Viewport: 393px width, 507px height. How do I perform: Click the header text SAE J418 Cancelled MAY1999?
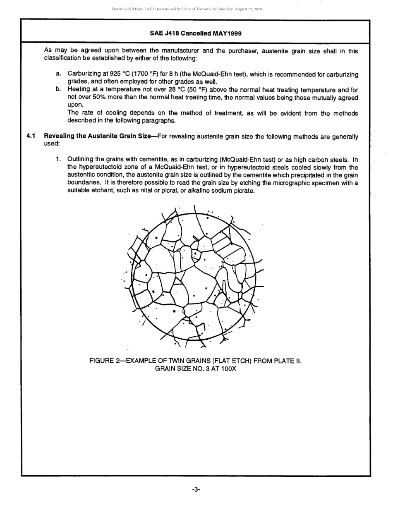pos(196,33)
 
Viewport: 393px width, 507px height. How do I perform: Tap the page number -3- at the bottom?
pos(196,490)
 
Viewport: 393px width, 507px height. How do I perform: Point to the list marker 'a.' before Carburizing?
pos(59,74)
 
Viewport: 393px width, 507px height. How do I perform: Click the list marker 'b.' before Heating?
pos(59,89)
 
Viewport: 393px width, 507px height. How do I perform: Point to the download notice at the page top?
pos(187,9)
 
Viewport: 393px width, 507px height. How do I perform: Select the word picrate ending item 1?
pos(243,191)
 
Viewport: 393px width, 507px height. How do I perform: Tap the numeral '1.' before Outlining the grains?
pos(59,160)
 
